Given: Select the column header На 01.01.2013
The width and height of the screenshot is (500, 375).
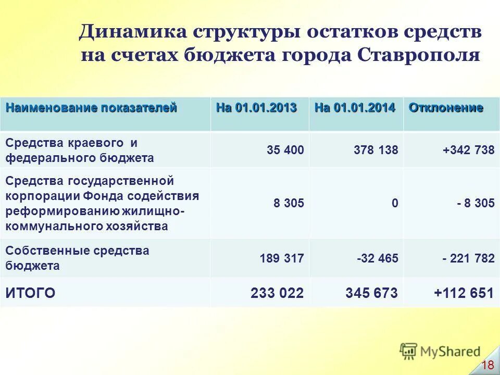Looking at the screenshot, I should click(x=256, y=108).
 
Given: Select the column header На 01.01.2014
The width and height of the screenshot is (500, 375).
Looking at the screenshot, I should click(x=355, y=108).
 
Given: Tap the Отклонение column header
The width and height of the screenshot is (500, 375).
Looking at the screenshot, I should click(x=446, y=108).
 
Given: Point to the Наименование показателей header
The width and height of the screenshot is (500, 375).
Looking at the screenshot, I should click(x=91, y=108).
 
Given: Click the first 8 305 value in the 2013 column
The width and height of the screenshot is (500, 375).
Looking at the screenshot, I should click(x=289, y=204).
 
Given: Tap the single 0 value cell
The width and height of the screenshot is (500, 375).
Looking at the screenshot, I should click(x=395, y=204).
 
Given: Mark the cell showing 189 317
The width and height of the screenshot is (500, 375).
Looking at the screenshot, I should click(x=281, y=258).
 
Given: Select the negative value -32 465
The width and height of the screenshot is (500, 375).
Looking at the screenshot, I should click(x=377, y=258).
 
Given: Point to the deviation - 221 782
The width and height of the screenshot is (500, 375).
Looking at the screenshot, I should click(x=468, y=258).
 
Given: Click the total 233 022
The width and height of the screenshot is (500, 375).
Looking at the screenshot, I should click(x=277, y=293).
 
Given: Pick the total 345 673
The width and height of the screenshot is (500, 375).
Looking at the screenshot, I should click(x=371, y=293).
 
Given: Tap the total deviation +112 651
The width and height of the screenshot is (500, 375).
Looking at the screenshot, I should click(x=464, y=293).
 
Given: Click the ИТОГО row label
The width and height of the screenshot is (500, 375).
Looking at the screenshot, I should click(x=30, y=293).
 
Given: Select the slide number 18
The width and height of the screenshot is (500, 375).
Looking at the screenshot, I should click(x=488, y=365).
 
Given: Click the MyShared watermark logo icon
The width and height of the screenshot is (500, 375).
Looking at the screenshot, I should click(x=409, y=352).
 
